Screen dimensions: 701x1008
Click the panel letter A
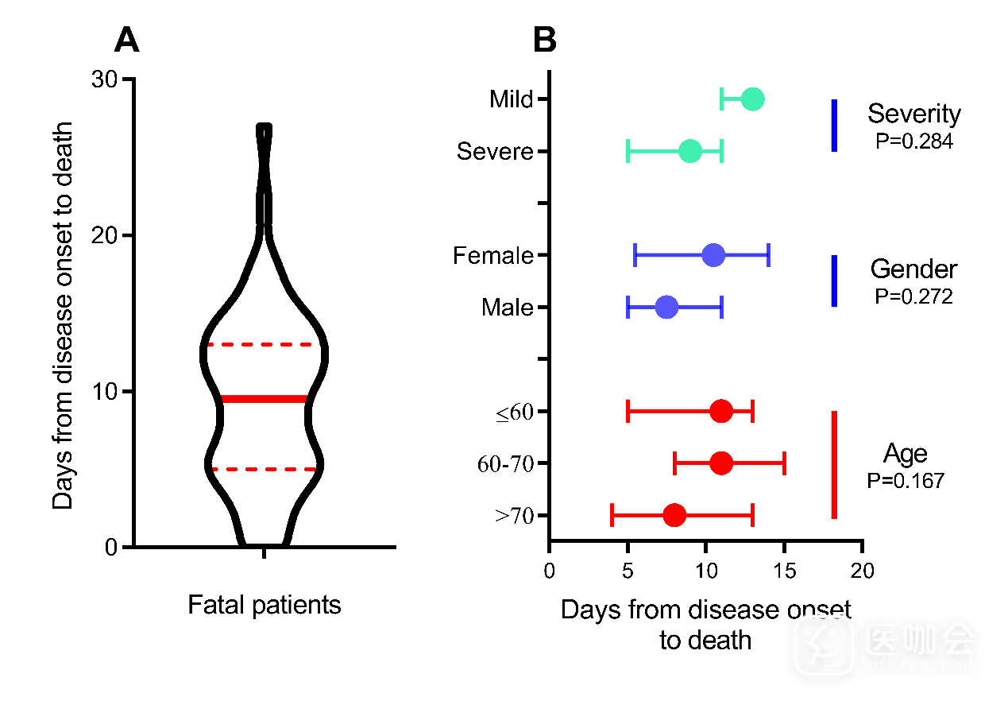click(x=126, y=40)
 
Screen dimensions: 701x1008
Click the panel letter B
click(x=544, y=40)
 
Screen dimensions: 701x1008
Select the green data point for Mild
click(x=752, y=99)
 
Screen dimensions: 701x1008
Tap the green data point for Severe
click(x=690, y=151)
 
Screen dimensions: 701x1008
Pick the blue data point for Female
click(x=713, y=255)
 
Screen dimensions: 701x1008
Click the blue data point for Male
click(x=666, y=308)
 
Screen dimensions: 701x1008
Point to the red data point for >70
click(x=674, y=515)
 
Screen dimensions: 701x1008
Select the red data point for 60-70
click(x=721, y=463)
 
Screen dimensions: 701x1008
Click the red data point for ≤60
click(x=721, y=411)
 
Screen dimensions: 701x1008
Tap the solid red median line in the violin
click(x=264, y=399)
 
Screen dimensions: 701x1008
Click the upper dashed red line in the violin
click(x=264, y=345)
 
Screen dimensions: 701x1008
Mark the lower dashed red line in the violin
click(x=264, y=469)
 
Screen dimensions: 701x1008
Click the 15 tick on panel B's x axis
click(x=784, y=571)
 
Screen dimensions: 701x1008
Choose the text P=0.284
click(x=913, y=141)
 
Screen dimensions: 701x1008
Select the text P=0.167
click(x=906, y=480)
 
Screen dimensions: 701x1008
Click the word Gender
click(x=913, y=269)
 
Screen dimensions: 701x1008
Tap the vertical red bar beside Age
click(x=834, y=464)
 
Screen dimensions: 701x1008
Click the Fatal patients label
click(x=264, y=605)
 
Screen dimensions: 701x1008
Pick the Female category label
click(x=492, y=256)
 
